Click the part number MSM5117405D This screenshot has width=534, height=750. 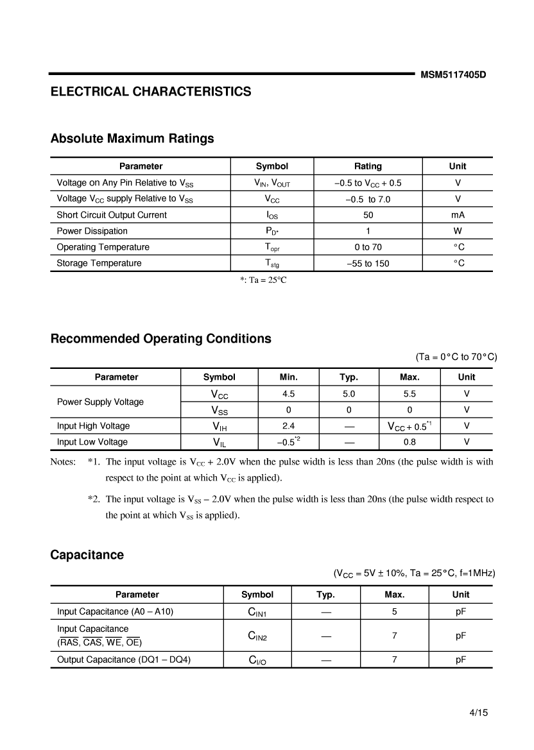tap(453, 74)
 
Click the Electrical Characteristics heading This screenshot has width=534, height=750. tap(151, 92)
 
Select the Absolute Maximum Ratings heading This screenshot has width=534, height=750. tap(132, 139)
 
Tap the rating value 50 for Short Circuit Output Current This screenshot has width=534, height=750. tap(368, 215)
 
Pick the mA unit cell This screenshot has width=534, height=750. tap(458, 215)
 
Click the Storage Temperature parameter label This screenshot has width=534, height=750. tap(99, 263)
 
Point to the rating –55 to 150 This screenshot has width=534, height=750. tap(368, 264)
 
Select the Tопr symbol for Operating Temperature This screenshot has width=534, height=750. tap(272, 248)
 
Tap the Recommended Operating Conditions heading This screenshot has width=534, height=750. tap(160, 339)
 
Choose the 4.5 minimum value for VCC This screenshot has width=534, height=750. tap(289, 394)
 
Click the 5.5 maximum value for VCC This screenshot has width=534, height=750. tap(409, 394)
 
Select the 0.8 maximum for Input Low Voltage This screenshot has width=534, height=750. tap(409, 442)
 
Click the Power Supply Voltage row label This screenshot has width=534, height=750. tap(100, 402)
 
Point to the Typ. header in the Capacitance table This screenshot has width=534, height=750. tap(325, 595)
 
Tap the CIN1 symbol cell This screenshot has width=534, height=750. tap(257, 613)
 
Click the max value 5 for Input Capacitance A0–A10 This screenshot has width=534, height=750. tap(394, 612)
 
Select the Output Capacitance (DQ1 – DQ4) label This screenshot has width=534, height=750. tap(124, 660)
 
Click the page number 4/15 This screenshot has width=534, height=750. tap(479, 713)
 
